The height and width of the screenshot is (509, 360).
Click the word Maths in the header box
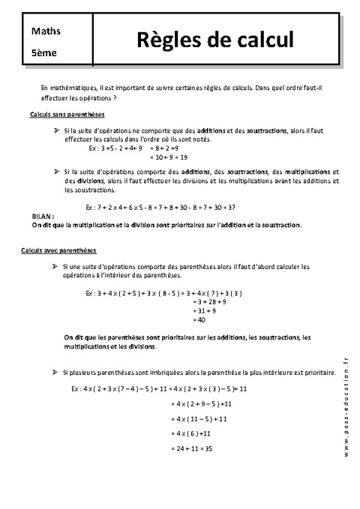pos(46,31)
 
